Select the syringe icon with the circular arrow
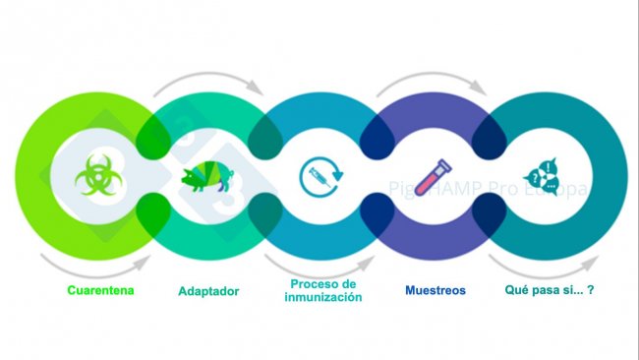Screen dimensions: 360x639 320,177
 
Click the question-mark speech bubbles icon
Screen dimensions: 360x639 543,177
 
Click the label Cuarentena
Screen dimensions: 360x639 100,290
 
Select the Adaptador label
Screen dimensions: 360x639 208,291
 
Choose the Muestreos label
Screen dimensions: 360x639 436,291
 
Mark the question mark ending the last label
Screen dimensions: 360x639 593,291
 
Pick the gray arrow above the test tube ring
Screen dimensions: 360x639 433,83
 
